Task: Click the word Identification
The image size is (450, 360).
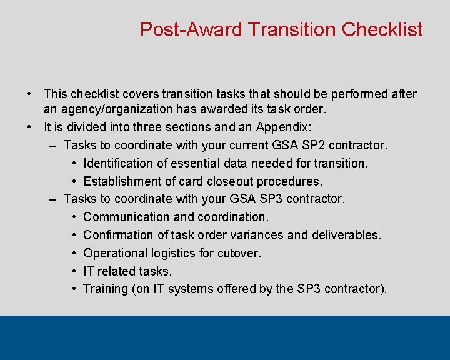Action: click(x=119, y=163)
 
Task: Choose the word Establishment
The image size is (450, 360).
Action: click(x=121, y=181)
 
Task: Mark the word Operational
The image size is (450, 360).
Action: click(x=116, y=253)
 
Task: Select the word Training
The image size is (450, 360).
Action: click(x=104, y=289)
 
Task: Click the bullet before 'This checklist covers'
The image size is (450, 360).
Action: click(x=29, y=94)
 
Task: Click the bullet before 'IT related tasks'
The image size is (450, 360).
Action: click(x=74, y=271)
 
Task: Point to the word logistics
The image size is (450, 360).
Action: click(x=176, y=253)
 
